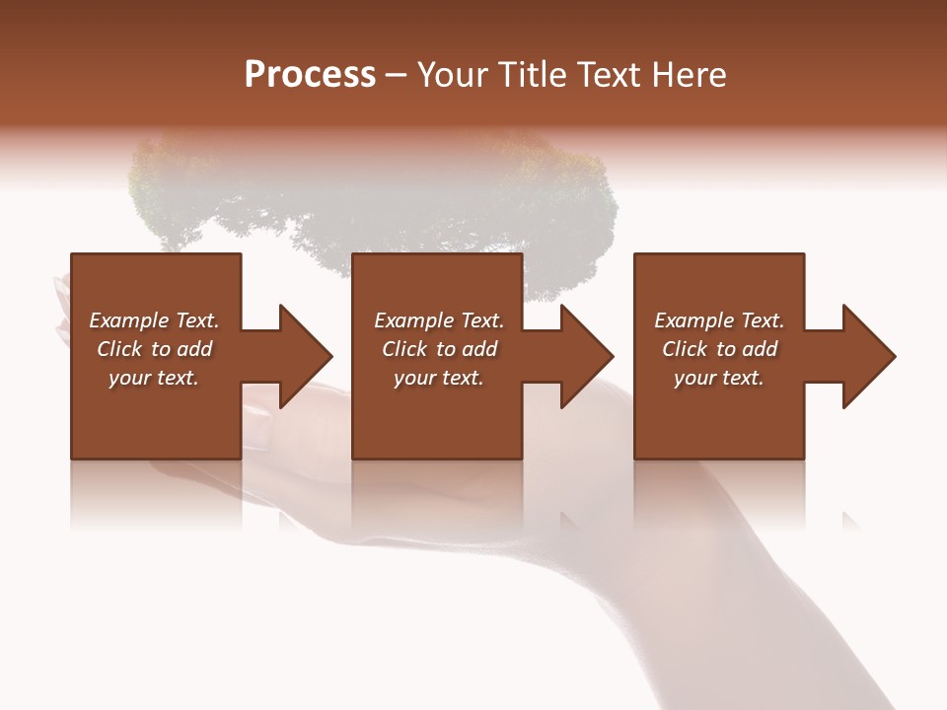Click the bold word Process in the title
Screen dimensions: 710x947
[310, 75]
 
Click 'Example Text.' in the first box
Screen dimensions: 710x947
[154, 320]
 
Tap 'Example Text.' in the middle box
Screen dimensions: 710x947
[438, 320]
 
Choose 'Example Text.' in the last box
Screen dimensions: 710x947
[719, 320]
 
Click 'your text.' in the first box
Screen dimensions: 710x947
[154, 378]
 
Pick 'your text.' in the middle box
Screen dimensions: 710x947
[438, 378]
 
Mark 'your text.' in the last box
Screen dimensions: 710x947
[719, 378]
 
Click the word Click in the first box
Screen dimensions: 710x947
[120, 349]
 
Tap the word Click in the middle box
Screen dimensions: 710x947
[405, 349]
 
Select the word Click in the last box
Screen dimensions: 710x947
[686, 349]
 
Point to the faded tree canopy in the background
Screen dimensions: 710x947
[375, 197]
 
